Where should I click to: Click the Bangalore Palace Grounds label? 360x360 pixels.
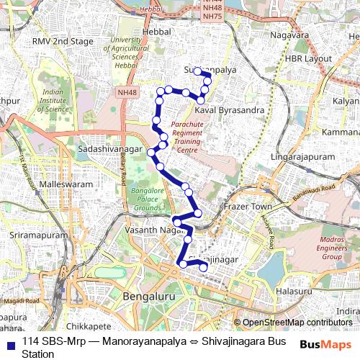pos(147,199)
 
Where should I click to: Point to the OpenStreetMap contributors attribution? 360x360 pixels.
pos(297,323)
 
